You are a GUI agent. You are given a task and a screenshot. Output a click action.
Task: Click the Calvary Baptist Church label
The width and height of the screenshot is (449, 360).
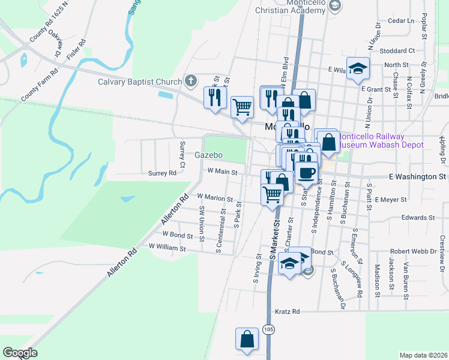[140, 82]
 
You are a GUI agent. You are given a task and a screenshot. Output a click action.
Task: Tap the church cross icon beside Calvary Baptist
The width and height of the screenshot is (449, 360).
[191, 80]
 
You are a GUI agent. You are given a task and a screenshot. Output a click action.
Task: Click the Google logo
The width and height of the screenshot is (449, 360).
[20, 353]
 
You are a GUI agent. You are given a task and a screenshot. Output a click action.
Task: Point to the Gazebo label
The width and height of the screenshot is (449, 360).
[208, 155]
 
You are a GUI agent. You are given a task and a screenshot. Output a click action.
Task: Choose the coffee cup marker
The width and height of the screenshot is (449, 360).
[306, 172]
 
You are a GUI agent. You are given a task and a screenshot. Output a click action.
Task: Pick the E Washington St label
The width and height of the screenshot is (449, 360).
[418, 177]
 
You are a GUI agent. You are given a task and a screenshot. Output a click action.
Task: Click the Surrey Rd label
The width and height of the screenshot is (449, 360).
[163, 173]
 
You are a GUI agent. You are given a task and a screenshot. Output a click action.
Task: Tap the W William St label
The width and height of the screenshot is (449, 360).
[167, 247]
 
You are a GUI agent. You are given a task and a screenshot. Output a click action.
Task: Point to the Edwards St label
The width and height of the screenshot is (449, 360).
[418, 218]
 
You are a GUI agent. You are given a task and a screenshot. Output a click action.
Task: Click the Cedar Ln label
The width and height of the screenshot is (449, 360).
[402, 20]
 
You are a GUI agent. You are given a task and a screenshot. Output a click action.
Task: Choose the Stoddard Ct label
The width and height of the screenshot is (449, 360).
[397, 51]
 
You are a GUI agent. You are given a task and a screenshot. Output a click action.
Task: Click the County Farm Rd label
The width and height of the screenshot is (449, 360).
[39, 85]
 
